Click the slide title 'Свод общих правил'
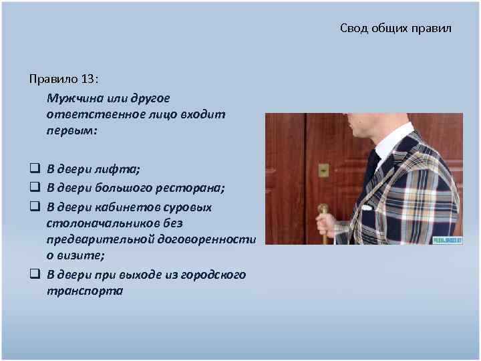[395, 29]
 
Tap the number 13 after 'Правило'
[88, 80]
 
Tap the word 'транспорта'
[85, 291]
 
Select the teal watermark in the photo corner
[447, 239]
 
